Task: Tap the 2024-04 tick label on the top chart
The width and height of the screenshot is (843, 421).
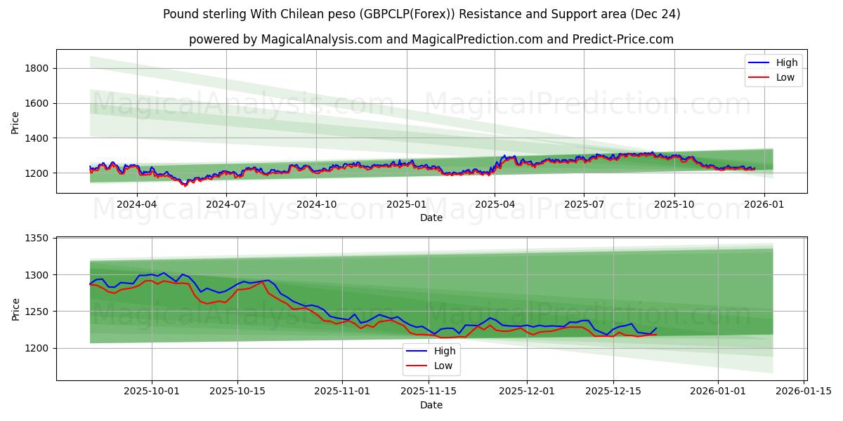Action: click(136, 204)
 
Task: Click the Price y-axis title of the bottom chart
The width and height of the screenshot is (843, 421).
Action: click(15, 308)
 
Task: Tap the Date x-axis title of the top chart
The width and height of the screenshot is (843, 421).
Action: click(431, 218)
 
